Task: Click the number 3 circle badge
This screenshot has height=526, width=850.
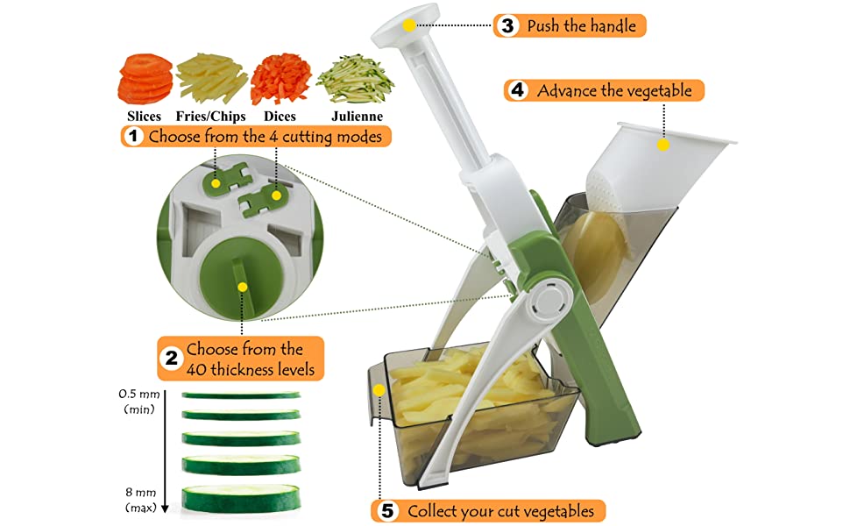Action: (506, 25)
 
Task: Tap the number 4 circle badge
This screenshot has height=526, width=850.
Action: (518, 90)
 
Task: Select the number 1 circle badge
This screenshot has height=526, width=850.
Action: (133, 137)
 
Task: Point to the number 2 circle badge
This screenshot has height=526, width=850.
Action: (172, 359)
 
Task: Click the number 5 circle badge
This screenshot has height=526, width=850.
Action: (386, 511)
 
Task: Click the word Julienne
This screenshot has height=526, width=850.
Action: (357, 116)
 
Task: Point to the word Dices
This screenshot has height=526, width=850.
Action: (280, 116)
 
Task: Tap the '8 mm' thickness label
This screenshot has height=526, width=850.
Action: (140, 494)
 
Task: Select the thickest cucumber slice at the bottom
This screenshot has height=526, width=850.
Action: (240, 498)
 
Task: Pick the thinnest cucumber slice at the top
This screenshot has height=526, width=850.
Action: (240, 395)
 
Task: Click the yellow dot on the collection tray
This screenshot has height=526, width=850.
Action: (379, 388)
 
